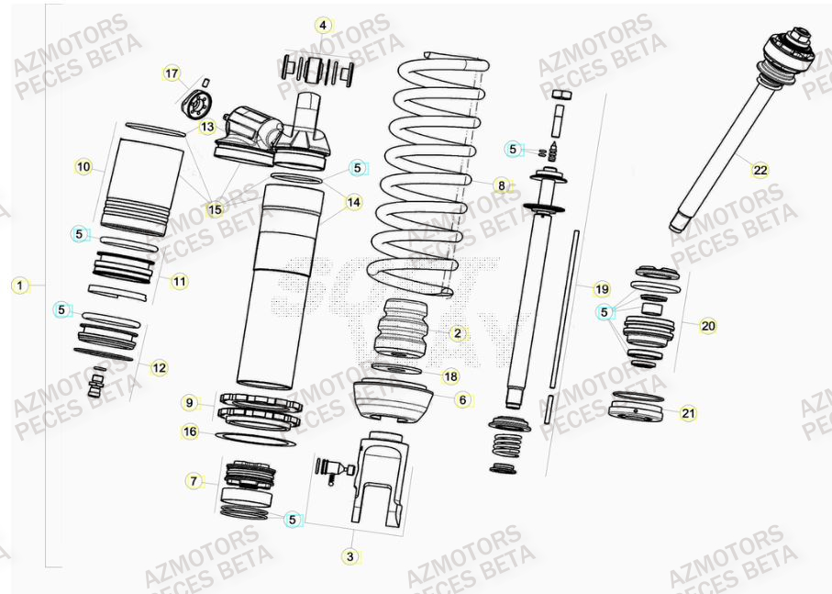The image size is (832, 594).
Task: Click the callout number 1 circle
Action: (19, 285)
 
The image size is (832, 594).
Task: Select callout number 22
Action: (760, 170)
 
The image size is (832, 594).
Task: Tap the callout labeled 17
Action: (172, 73)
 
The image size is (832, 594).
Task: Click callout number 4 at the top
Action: (322, 25)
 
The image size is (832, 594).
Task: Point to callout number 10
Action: (84, 167)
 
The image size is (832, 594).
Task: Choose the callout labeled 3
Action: (349, 556)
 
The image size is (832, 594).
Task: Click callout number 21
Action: (688, 414)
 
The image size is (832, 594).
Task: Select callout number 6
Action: (462, 399)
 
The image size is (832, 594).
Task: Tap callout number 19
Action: (601, 289)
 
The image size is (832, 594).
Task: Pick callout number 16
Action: (190, 431)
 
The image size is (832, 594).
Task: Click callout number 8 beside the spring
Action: (501, 185)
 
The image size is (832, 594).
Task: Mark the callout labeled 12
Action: (159, 368)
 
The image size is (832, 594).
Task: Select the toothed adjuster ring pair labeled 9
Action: (260, 409)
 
